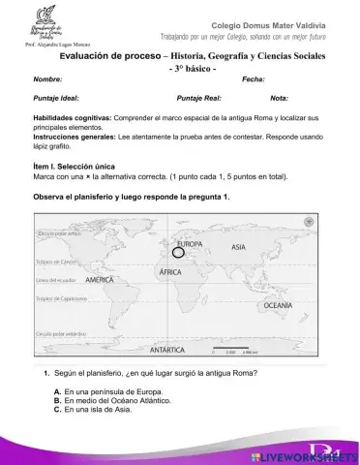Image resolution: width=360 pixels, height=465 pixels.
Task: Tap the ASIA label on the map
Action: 239,247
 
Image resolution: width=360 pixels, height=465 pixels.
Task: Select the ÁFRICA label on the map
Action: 171,274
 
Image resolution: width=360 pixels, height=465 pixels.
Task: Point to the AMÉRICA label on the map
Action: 102,279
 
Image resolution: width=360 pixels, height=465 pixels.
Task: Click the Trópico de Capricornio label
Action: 62,299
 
